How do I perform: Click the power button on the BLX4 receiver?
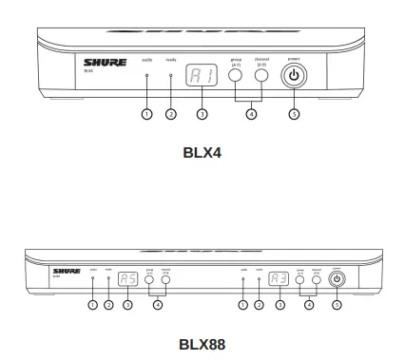pos(294,75)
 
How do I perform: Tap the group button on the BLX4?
pos(235,75)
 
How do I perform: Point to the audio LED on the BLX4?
pos(146,75)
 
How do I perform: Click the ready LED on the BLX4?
pos(171,75)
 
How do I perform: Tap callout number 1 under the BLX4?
pos(146,115)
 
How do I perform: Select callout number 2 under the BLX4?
pos(171,115)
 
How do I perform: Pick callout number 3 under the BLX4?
pos(201,115)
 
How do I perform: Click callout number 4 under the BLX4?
pos(251,115)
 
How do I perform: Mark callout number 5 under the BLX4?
pos(294,115)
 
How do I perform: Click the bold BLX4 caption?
pos(202,150)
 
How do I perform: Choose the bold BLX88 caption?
pos(202,345)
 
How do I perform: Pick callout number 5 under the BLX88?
pos(337,305)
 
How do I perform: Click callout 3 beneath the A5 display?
pos(128,305)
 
